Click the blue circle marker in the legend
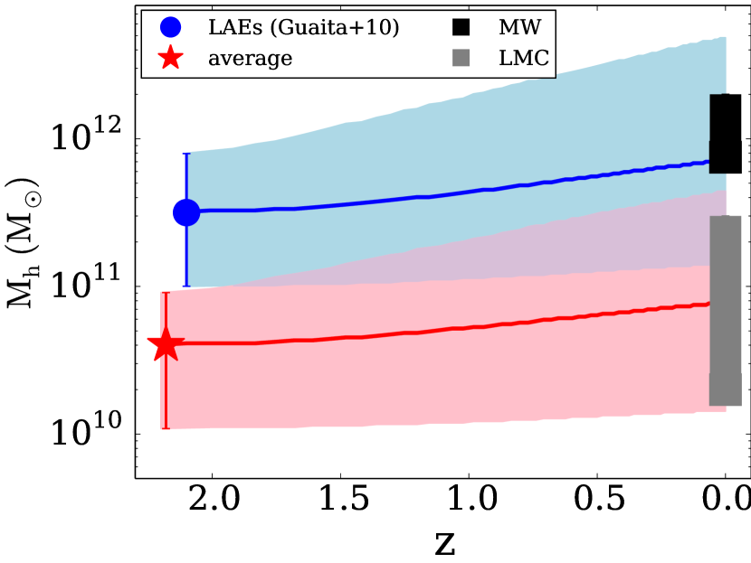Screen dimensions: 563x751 pos(170,28)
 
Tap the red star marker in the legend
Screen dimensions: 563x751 pos(170,59)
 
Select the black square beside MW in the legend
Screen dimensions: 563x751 pos(461,28)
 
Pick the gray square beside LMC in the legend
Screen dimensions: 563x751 pos(461,58)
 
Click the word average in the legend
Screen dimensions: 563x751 pos(250,60)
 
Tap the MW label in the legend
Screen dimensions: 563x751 pos(519,28)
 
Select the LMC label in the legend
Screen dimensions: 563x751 pos(524,59)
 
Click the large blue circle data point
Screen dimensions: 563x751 pos(186,212)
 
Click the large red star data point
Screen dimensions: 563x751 pos(165,344)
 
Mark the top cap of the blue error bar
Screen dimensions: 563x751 pos(186,154)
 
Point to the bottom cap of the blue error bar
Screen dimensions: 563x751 pos(186,287)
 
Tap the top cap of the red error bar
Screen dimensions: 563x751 pos(165,292)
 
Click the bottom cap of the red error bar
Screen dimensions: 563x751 pos(165,428)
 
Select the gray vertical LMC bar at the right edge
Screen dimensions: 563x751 pos(725,310)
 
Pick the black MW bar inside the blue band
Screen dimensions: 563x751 pos(718,133)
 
